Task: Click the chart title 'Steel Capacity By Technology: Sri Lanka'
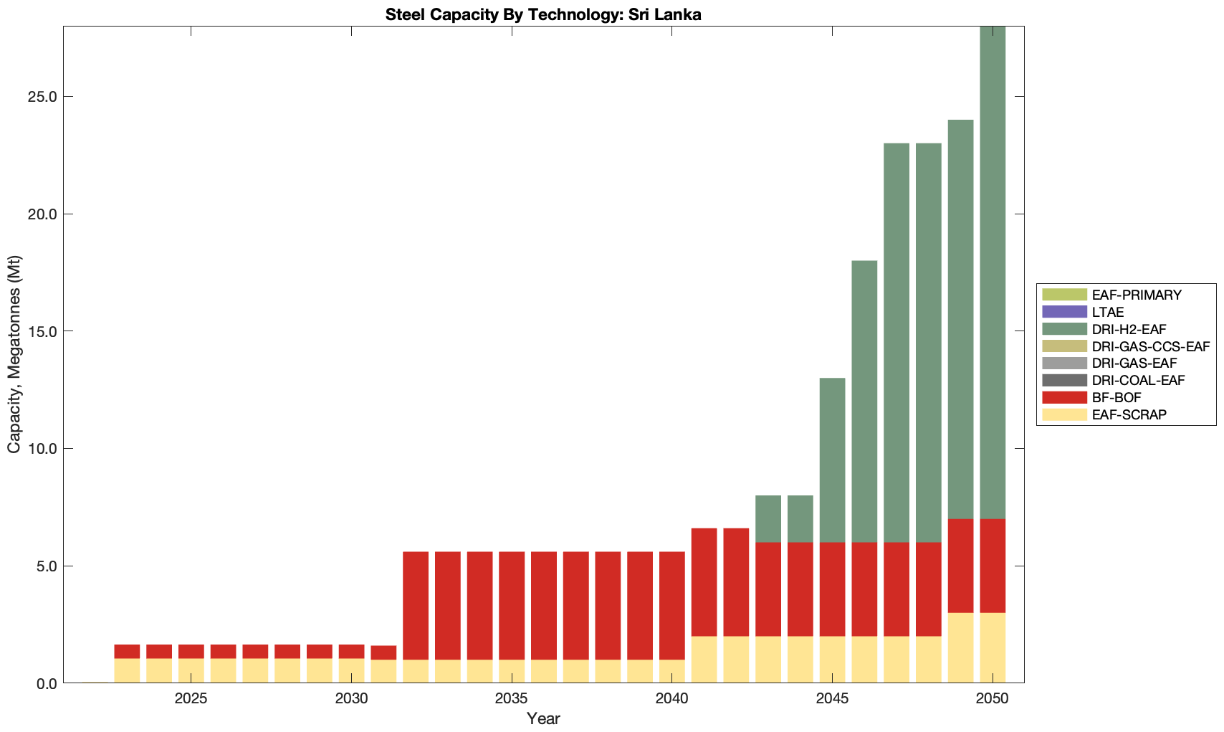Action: [543, 14]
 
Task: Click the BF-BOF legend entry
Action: [1117, 397]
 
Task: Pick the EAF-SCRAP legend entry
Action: [1129, 414]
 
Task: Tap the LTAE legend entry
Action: [1108, 312]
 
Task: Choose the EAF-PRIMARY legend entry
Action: [1137, 295]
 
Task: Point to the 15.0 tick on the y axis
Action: [43, 331]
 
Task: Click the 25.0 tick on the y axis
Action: [43, 97]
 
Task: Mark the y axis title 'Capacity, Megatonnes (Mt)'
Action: [14, 354]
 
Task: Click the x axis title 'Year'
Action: [543, 718]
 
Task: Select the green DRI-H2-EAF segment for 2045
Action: [832, 460]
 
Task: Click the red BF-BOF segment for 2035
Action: [512, 606]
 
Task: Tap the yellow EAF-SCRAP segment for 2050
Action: [993, 647]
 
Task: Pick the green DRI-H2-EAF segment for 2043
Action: [768, 518]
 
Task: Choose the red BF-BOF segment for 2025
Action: [191, 651]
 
